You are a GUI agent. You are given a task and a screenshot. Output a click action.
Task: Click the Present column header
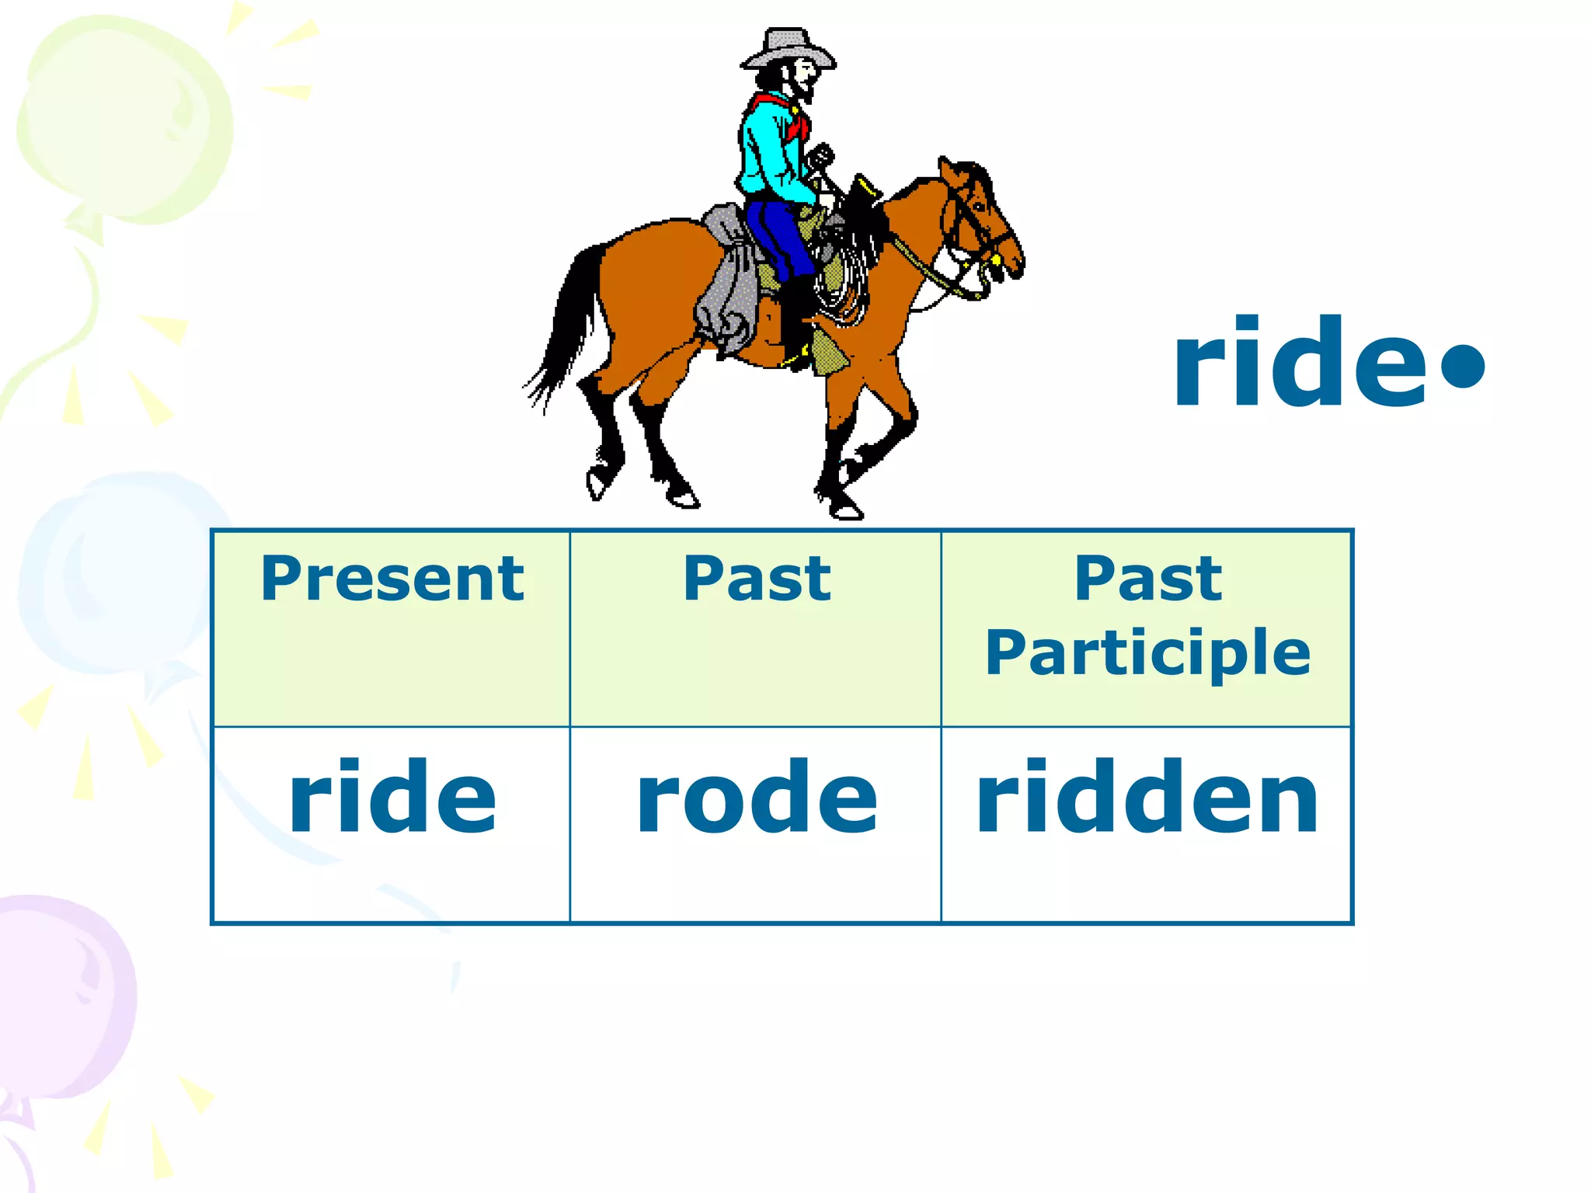coord(392,579)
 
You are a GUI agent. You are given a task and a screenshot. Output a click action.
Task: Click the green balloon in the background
coord(124,117)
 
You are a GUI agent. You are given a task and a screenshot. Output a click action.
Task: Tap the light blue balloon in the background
coord(117,575)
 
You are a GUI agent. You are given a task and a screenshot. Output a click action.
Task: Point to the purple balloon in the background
coord(62,994)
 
